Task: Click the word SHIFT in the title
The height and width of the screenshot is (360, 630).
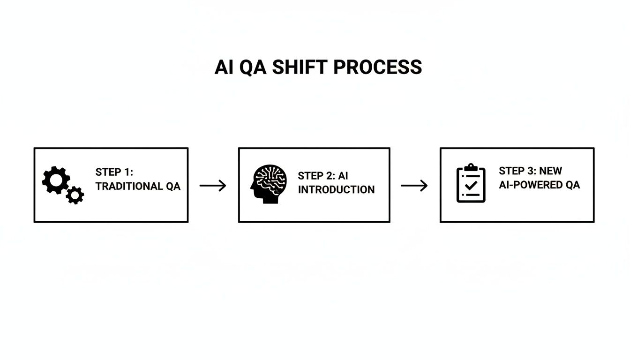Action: pos(300,67)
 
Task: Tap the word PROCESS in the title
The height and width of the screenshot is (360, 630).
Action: pos(378,67)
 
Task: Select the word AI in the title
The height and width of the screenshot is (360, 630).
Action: pos(224,67)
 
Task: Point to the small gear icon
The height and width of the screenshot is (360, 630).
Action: pos(75,195)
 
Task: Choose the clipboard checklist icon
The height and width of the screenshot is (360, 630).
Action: pos(471,184)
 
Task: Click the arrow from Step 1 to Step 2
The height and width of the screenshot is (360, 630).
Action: pos(213,186)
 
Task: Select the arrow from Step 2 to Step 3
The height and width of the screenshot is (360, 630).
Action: pos(414,186)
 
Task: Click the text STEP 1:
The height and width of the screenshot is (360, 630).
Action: pos(114,172)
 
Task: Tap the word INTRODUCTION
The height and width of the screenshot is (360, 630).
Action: pos(336,190)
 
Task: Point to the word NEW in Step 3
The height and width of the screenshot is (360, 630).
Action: pos(550,171)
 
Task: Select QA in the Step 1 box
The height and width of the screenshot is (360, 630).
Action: pos(172,186)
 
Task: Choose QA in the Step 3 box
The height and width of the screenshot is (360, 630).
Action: pos(572,185)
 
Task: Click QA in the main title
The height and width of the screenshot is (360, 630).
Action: pos(253,67)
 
